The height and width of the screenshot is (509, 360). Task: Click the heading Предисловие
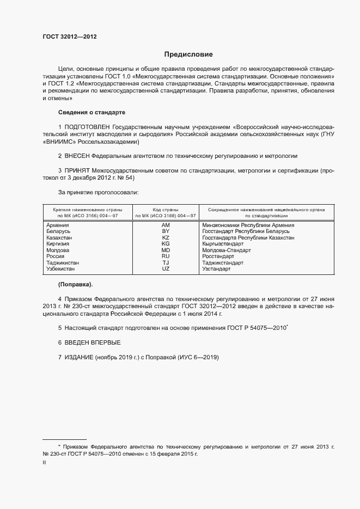188,54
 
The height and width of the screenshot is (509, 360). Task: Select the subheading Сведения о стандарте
91,112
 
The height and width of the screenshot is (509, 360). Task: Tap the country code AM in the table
166,225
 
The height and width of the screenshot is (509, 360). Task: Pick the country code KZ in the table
166,238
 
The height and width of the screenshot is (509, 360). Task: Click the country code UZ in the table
166,269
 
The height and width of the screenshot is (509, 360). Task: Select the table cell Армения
58,225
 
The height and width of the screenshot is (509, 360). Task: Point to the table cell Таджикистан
64,262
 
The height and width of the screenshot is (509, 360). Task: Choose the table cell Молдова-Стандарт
226,250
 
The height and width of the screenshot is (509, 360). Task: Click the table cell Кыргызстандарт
225,244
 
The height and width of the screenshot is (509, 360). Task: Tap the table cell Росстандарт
218,256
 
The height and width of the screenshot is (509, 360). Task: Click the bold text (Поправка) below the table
75,284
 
